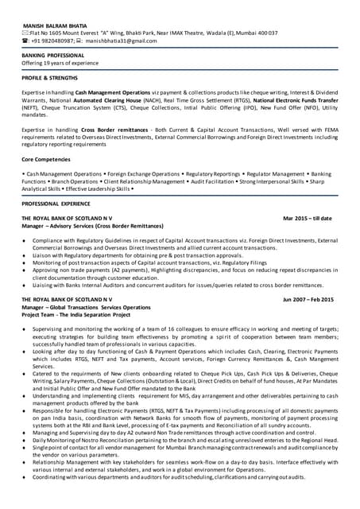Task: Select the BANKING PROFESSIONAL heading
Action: point(52,55)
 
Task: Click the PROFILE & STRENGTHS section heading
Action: point(50,79)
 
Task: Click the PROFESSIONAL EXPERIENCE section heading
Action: point(57,204)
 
